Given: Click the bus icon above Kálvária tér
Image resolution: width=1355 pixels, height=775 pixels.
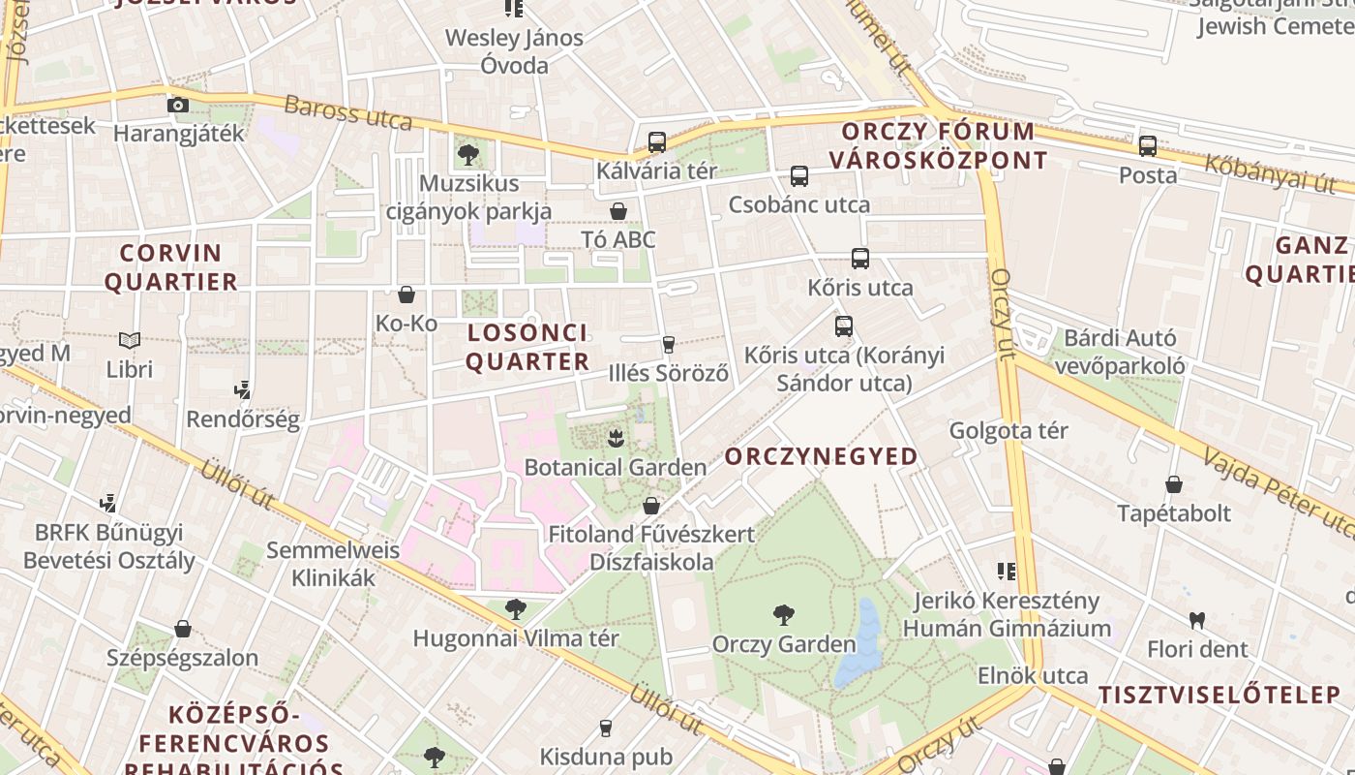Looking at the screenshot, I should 657,142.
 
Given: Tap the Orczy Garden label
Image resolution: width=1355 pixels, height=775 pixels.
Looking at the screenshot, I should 784,643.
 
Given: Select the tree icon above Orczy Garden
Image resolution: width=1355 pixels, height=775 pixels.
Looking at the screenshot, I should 784,614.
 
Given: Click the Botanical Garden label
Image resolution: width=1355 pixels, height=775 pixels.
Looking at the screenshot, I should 615,467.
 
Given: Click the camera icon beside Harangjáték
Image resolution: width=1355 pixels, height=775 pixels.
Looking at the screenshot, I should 178,105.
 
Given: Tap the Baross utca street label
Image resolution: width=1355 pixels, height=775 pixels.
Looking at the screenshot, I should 347,113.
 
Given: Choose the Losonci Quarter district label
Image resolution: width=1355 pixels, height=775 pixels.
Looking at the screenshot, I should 527,347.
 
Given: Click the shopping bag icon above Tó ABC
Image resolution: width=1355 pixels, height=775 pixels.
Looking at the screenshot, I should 618,211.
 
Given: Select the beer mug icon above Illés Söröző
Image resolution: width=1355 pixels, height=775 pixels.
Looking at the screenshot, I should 668,344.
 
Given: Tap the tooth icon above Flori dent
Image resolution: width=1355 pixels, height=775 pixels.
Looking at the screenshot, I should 1197,620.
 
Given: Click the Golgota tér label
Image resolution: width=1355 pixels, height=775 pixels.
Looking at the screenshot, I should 1009,430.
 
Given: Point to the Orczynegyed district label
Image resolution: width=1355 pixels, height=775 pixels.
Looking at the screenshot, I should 821,455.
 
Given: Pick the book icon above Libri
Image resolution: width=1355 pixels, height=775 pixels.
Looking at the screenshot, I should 130,341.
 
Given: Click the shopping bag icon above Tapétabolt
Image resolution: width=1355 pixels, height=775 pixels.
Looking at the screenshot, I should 1174,484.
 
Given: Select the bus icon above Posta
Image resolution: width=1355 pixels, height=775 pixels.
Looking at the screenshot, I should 1148,146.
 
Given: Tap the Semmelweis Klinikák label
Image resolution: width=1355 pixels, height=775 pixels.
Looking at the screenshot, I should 333,564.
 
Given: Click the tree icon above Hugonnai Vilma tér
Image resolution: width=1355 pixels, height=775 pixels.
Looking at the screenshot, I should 516,609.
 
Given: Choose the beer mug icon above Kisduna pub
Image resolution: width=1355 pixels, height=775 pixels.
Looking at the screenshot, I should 606,728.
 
